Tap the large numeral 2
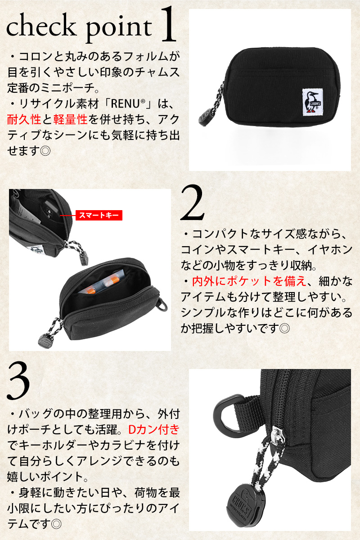[x=193, y=202]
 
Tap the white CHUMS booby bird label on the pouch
[x=312, y=101]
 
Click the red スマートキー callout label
[x=99, y=215]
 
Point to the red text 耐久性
[x=24, y=119]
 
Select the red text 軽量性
[x=70, y=119]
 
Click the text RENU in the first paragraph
[x=125, y=104]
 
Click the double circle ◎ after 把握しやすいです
[x=284, y=328]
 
